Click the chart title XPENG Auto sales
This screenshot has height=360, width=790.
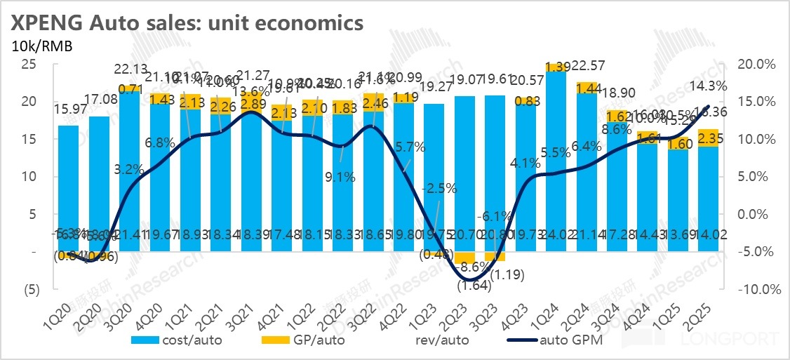point(185,22)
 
